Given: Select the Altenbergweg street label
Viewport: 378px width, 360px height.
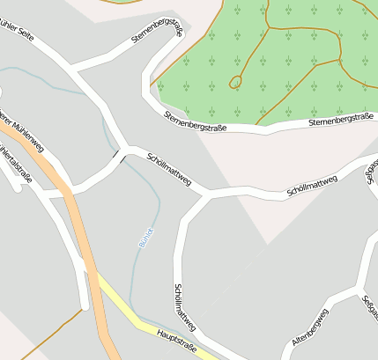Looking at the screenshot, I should click(x=310, y=327).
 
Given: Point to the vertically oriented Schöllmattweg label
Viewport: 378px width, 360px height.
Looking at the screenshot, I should click(x=184, y=307).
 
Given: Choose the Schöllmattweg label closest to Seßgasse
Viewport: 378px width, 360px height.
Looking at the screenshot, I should click(x=312, y=185).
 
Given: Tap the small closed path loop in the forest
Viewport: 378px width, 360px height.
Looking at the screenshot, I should click(x=235, y=82).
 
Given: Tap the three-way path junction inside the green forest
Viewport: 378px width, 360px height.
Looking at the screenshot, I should click(x=340, y=61).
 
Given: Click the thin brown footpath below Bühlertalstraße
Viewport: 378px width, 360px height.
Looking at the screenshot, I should click(x=35, y=338).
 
